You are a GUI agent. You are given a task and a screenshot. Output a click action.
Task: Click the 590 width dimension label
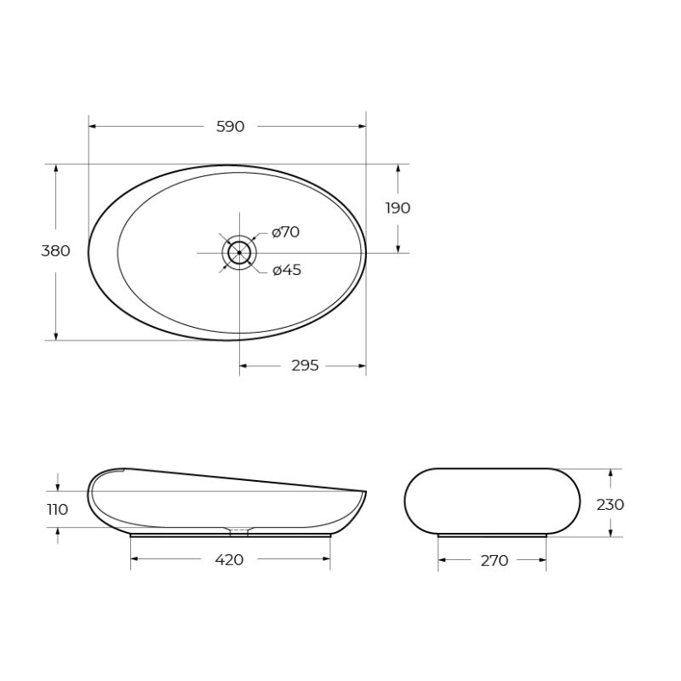230,127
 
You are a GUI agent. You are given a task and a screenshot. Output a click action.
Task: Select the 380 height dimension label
55,251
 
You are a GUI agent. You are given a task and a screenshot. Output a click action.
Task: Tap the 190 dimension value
398,208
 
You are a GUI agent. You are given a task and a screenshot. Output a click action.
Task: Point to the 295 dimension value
305,366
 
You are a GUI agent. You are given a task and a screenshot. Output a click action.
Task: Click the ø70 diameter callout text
286,232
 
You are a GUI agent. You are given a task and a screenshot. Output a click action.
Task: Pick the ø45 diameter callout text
287,270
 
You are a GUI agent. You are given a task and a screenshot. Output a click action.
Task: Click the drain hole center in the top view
239,252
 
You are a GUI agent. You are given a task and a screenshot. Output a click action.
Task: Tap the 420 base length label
230,560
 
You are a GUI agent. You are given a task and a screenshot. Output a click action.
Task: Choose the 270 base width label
494,561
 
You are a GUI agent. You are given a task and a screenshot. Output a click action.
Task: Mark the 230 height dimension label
610,504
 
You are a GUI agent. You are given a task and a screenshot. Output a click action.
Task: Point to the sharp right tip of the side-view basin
365,491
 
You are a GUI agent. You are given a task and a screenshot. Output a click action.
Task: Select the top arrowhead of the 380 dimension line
56,169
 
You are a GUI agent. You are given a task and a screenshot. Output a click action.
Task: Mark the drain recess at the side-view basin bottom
239,530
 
